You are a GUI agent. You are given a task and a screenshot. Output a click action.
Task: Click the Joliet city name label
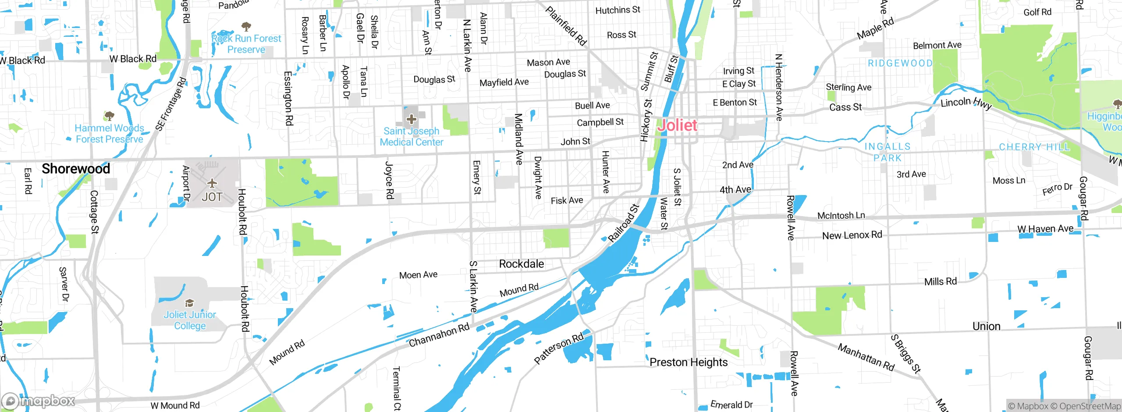click(677, 125)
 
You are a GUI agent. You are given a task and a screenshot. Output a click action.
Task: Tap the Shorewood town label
click(76, 169)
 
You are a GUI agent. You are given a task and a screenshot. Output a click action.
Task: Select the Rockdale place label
click(521, 264)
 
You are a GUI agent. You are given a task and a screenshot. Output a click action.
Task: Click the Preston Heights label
click(688, 362)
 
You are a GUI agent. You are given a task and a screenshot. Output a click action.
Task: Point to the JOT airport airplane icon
click(212, 183)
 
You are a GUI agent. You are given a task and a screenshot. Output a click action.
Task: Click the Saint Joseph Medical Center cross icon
click(411, 119)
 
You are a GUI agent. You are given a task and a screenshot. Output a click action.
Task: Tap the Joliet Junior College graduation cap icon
click(189, 303)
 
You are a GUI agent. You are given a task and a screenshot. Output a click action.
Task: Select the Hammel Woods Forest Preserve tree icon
click(109, 116)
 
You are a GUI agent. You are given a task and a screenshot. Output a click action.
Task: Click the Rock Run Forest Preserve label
click(246, 44)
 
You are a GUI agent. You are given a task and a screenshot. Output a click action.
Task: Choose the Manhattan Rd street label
click(866, 357)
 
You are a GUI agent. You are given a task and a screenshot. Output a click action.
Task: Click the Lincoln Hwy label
click(966, 103)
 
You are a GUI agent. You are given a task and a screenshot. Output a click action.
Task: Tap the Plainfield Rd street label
click(566, 26)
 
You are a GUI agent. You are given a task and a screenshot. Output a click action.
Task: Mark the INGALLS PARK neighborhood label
click(887, 152)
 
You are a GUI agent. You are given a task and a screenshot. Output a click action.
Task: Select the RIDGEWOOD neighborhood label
click(900, 64)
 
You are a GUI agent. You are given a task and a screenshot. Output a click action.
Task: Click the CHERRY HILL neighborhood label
click(1034, 147)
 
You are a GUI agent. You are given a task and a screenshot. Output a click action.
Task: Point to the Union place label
click(986, 327)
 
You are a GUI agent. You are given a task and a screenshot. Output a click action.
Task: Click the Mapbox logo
click(39, 401)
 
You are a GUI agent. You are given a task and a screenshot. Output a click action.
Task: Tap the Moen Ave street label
click(418, 275)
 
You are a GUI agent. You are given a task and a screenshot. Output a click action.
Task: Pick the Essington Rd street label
click(288, 98)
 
